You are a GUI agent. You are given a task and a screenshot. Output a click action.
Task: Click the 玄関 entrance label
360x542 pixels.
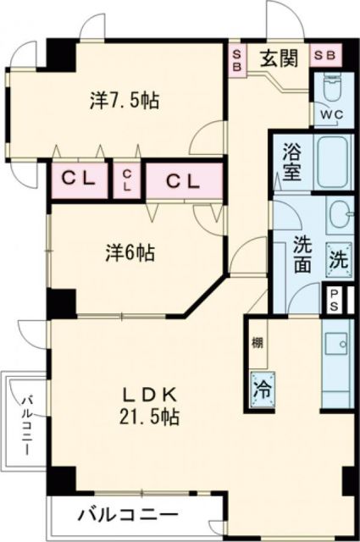277,59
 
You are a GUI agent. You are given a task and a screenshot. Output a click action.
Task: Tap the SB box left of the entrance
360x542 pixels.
237,60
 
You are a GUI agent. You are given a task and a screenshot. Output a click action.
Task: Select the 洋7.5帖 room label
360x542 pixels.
125,100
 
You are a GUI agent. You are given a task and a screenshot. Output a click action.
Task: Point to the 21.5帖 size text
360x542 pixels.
153,416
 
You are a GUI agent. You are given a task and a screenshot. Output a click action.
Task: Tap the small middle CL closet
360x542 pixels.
126,180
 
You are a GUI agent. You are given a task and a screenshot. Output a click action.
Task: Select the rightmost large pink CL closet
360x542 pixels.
182,180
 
